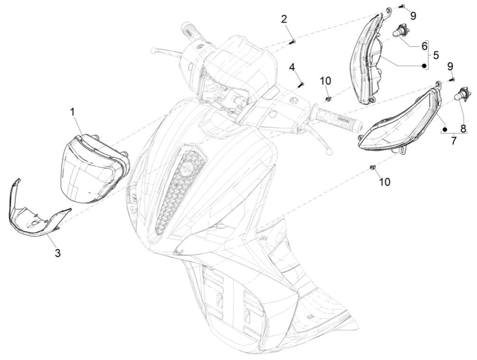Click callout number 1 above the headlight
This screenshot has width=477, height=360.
pyautogui.click(x=73, y=112)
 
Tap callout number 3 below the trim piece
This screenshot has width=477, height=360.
pyautogui.click(x=57, y=253)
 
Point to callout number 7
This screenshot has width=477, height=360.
pyautogui.click(x=454, y=141)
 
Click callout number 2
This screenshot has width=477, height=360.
pyautogui.click(x=284, y=19)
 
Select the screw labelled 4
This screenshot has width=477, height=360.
pyautogui.click(x=300, y=84)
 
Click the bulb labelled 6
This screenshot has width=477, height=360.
pyautogui.click(x=399, y=32)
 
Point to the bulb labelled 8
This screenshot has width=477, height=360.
pyautogui.click(x=459, y=97)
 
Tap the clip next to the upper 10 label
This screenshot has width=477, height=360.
pyautogui.click(x=328, y=99)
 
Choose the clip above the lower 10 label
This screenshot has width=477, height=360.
pyautogui.click(x=373, y=167)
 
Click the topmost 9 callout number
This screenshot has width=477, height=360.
pyautogui.click(x=413, y=16)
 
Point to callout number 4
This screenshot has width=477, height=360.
pyautogui.click(x=293, y=67)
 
